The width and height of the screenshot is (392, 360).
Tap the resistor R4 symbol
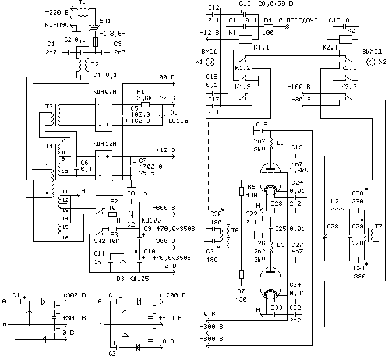coord(267,27)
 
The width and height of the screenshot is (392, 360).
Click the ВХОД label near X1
coord(205,50)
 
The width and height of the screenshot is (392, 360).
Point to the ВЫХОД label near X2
coord(372,51)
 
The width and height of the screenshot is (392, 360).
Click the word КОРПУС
coord(59,26)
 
